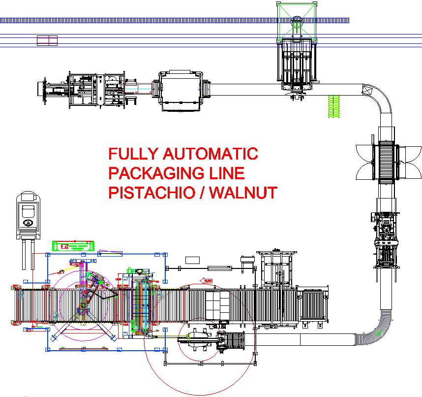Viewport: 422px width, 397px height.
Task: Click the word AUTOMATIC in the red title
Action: click(210, 154)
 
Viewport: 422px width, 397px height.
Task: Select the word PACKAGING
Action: click(157, 173)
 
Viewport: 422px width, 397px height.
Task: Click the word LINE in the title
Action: click(227, 173)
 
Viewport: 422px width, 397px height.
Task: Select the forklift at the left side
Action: click(29, 224)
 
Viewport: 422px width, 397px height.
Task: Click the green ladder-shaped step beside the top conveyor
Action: click(334, 105)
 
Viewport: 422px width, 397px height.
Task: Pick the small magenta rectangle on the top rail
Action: click(47, 40)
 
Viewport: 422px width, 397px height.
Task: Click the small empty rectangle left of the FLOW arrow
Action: click(192, 260)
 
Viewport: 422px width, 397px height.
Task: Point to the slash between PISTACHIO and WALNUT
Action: click(202, 192)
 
